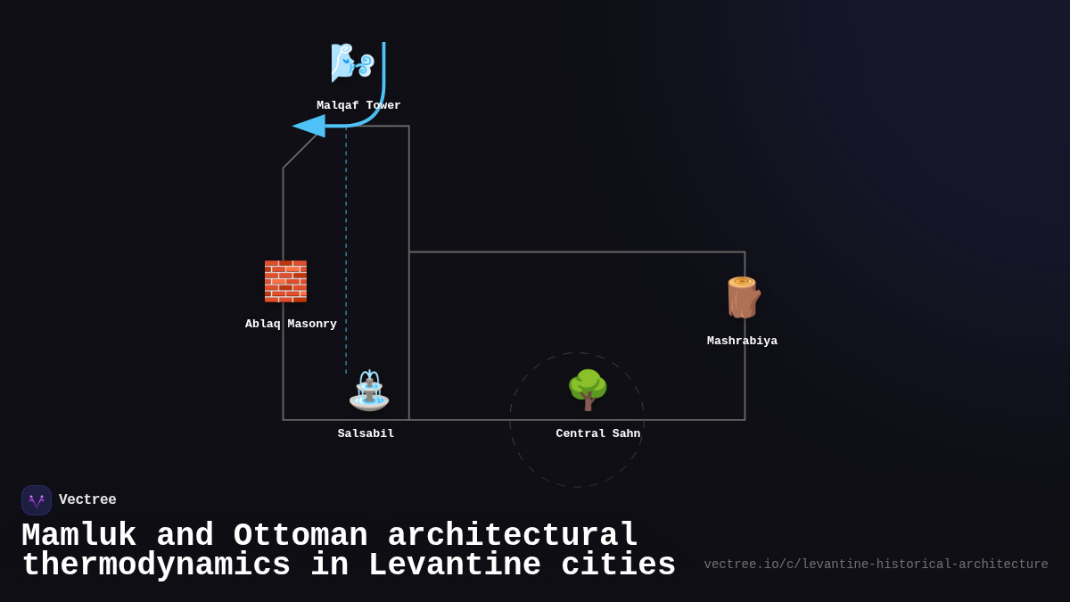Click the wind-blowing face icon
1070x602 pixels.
(351, 62)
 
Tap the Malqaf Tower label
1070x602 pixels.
(358, 105)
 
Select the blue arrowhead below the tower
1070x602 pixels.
(309, 126)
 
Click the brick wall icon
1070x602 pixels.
(285, 281)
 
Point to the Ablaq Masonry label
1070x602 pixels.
(291, 324)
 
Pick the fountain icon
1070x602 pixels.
(368, 391)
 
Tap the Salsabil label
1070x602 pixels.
(366, 433)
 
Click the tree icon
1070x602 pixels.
(588, 390)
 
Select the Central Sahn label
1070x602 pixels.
(597, 433)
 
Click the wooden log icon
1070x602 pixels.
(742, 297)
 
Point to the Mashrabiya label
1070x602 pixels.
(742, 341)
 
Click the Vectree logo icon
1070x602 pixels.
(37, 500)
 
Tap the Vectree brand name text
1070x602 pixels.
(87, 500)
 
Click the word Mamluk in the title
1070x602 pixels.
(78, 536)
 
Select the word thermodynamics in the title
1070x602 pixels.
(156, 565)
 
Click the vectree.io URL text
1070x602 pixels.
(876, 565)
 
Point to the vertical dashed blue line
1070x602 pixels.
(346, 250)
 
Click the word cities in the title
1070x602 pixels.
(618, 565)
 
